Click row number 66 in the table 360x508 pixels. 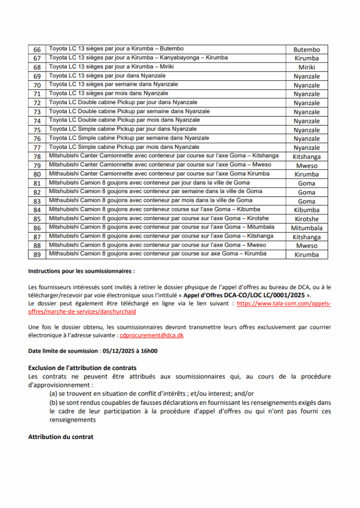pyautogui.click(x=37, y=50)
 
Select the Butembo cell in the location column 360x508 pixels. pyautogui.click(x=306, y=50)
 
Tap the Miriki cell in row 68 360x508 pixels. pyautogui.click(x=306, y=67)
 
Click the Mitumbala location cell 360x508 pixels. pyautogui.click(x=306, y=228)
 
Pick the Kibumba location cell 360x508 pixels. pyautogui.click(x=306, y=210)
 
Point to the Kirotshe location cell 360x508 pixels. pyautogui.click(x=306, y=219)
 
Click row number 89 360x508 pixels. pyautogui.click(x=37, y=255)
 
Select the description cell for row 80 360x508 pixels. pyautogui.click(x=159, y=174)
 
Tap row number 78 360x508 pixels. pyautogui.click(x=37, y=157)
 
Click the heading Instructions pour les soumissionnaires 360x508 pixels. pyautogui.click(x=81, y=271)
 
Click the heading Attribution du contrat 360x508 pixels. pyautogui.click(x=61, y=437)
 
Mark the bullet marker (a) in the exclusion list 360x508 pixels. pyautogui.click(x=53, y=394)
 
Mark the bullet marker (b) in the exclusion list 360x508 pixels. pyautogui.click(x=53, y=403)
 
